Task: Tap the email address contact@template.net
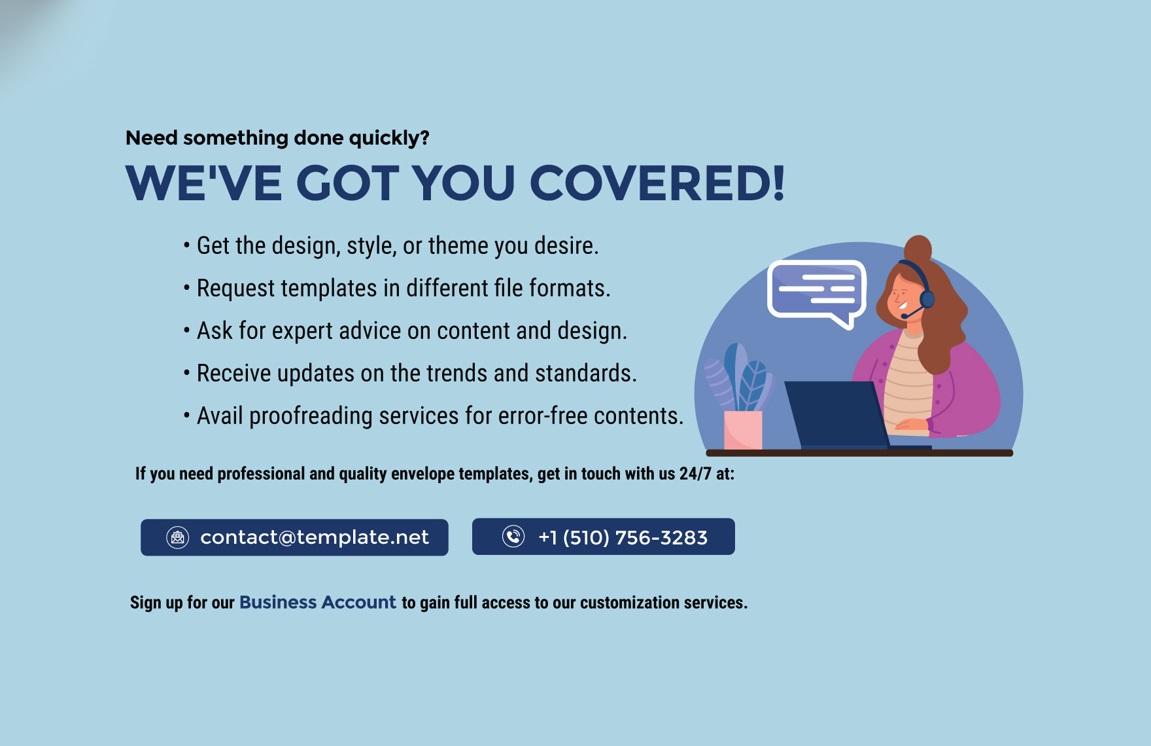click(x=314, y=537)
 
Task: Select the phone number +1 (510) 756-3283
click(x=623, y=537)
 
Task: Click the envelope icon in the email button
click(x=177, y=537)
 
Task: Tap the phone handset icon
click(x=513, y=537)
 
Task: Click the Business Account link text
click(x=318, y=602)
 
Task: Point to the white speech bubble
click(x=816, y=291)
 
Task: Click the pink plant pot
click(x=743, y=429)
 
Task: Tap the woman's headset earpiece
click(x=927, y=299)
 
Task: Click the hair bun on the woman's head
click(x=918, y=248)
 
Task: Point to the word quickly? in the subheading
click(x=389, y=138)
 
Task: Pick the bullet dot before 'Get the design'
click(x=186, y=246)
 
